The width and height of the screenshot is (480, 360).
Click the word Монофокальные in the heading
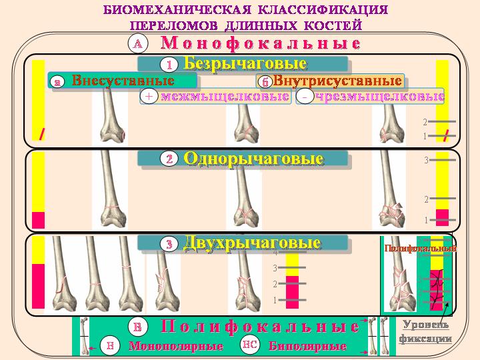(x=261, y=44)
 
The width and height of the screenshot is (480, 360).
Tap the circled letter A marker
(x=137, y=44)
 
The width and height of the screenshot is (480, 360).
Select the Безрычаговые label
(x=245, y=64)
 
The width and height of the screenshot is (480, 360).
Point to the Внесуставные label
(x=123, y=81)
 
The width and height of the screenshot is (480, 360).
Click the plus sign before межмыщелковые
(x=149, y=97)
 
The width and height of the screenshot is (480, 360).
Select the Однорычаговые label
(x=253, y=159)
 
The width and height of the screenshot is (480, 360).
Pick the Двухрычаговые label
(x=251, y=243)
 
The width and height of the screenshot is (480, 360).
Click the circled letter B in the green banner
(x=137, y=327)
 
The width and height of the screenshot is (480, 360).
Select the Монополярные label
(x=175, y=347)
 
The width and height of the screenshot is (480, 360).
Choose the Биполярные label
(x=307, y=347)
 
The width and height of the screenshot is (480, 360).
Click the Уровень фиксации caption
(x=425, y=331)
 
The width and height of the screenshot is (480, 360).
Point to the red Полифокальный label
(x=420, y=248)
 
